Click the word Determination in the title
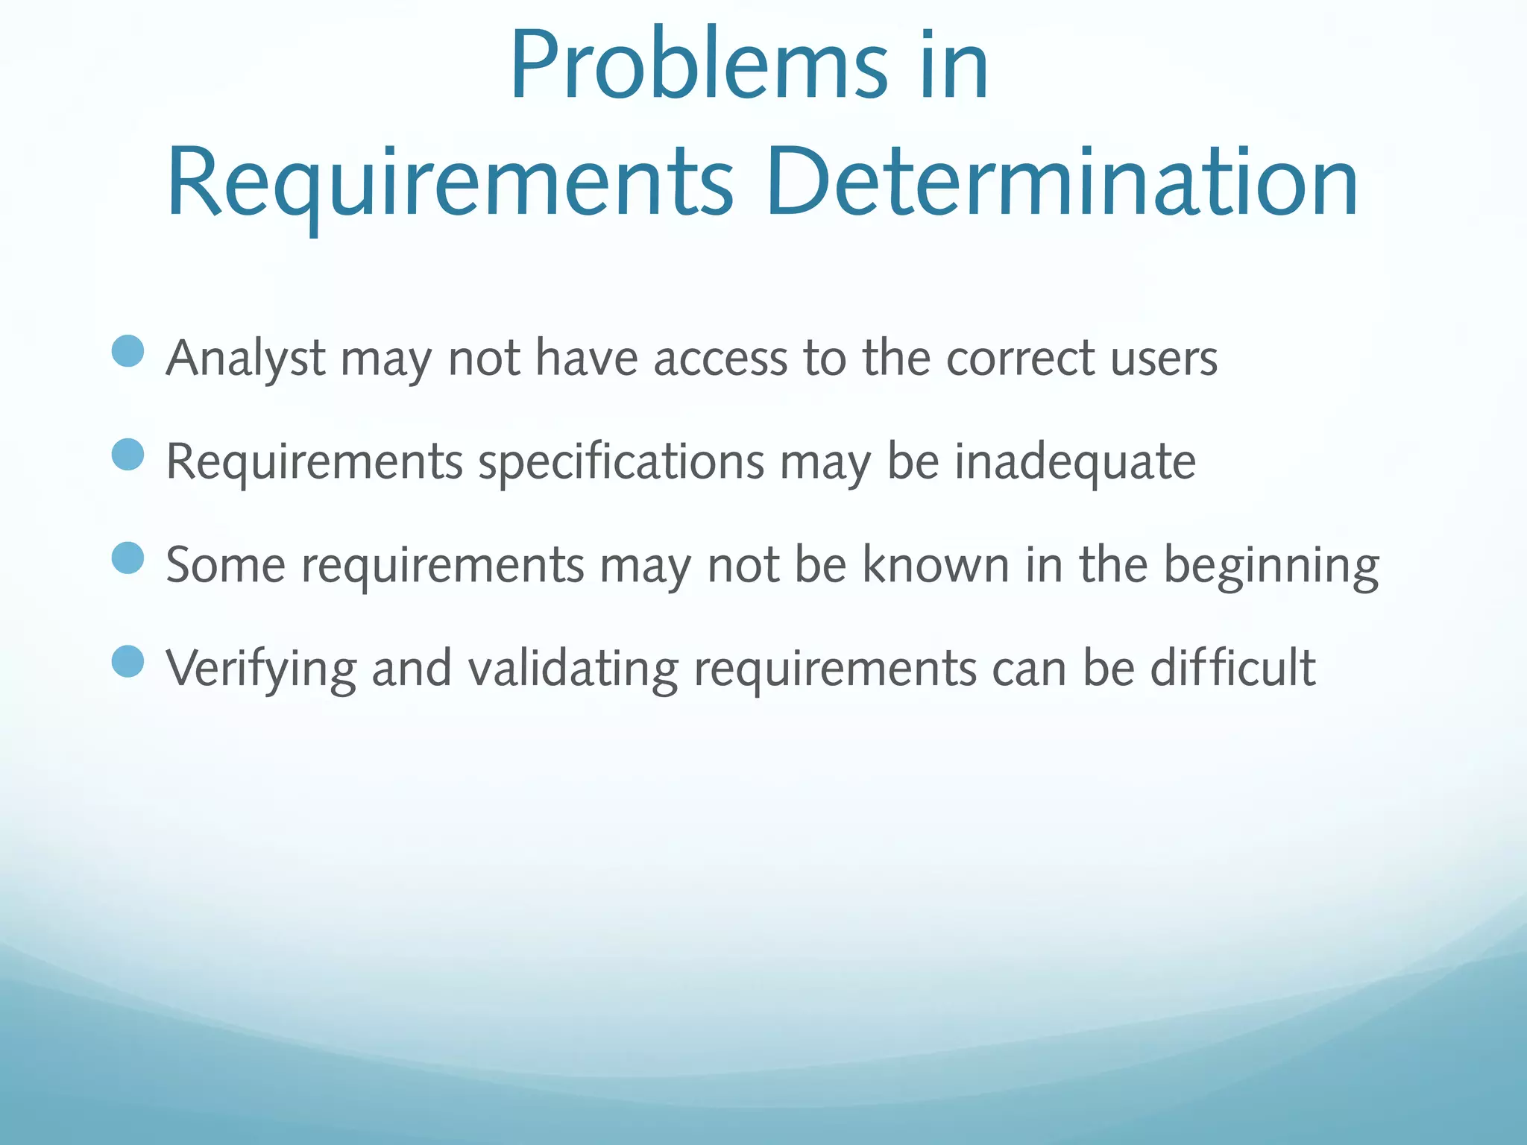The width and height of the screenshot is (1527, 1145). tap(1061, 183)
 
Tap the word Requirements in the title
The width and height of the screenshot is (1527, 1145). tap(450, 183)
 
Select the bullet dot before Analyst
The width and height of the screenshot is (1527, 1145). tap(127, 351)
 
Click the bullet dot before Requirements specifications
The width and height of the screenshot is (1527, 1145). tap(127, 455)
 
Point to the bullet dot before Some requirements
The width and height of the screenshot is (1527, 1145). tap(127, 558)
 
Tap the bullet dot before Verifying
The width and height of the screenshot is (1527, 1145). tap(127, 661)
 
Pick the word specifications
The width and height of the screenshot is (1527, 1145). tap(621, 462)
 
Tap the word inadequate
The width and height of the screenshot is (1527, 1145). tap(1075, 462)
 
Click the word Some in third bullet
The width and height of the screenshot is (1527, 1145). tap(225, 566)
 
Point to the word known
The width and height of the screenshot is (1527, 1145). tap(936, 566)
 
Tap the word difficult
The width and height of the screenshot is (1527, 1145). tap(1232, 668)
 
